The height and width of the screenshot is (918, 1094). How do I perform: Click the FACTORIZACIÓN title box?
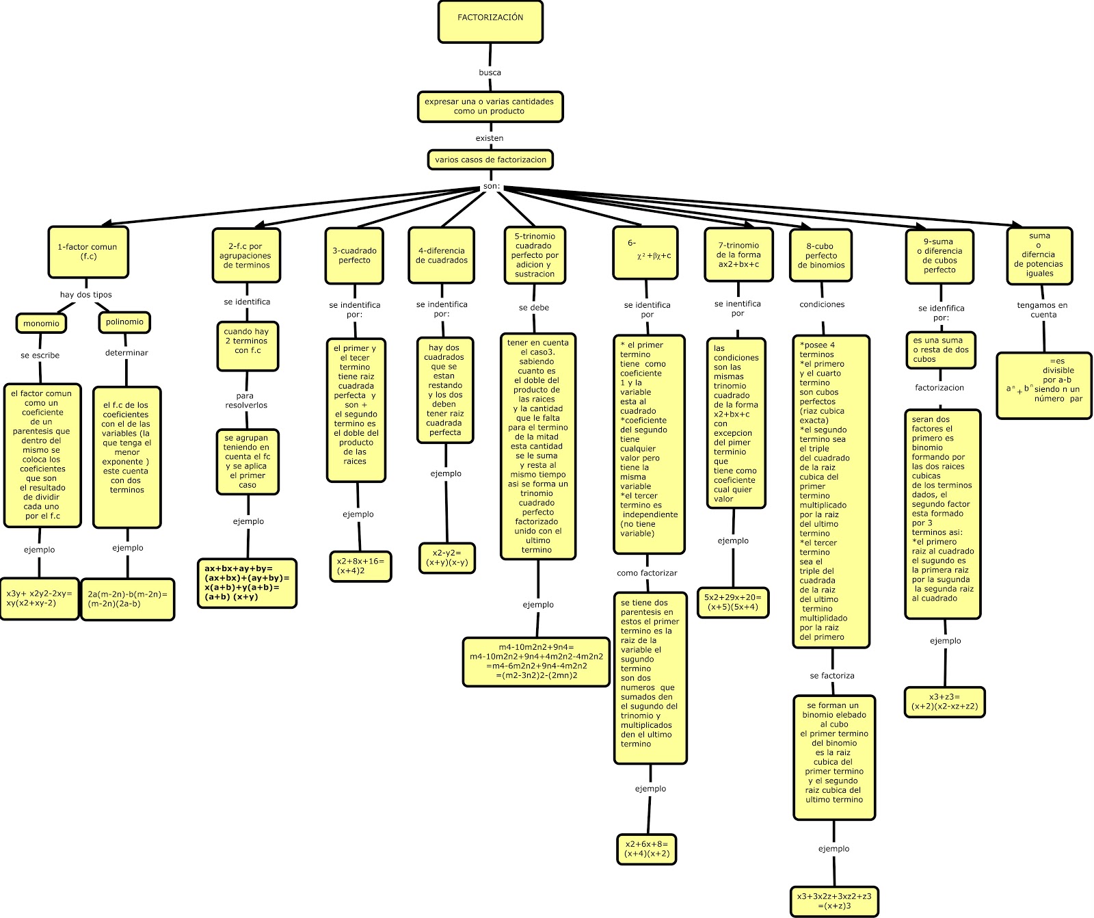pos(490,21)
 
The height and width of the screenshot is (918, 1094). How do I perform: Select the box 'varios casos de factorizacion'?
pos(490,160)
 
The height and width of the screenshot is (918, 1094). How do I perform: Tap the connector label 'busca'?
pos(490,73)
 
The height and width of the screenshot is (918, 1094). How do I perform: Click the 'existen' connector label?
pos(490,138)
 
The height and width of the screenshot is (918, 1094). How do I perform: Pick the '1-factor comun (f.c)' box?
pos(88,252)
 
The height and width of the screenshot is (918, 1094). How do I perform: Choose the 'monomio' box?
pos(41,324)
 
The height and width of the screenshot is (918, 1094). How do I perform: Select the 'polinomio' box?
pos(124,322)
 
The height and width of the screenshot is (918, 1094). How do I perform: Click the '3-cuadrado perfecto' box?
pos(354,256)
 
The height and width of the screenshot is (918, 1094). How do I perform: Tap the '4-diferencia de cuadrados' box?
pos(442,255)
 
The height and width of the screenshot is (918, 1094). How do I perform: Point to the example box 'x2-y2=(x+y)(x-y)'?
pos(447,558)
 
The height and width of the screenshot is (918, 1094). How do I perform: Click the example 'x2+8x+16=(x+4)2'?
pos(360,566)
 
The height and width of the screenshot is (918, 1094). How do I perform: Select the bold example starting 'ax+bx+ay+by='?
pos(247,583)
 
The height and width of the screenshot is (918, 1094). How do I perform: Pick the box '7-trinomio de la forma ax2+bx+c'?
pos(738,254)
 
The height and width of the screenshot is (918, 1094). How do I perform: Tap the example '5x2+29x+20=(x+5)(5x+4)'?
pos(733,602)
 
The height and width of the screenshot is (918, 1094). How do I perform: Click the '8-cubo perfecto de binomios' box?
pos(820,255)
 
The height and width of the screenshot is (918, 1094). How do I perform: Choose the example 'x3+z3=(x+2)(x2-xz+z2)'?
pos(945,702)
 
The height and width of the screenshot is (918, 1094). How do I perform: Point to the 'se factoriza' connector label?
pos(832,676)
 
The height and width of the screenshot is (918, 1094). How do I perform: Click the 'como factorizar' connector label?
pos(647,573)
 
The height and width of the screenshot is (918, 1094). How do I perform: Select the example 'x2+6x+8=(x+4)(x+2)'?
pos(647,849)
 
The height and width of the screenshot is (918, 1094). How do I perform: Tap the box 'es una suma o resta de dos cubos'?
pos(941,350)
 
